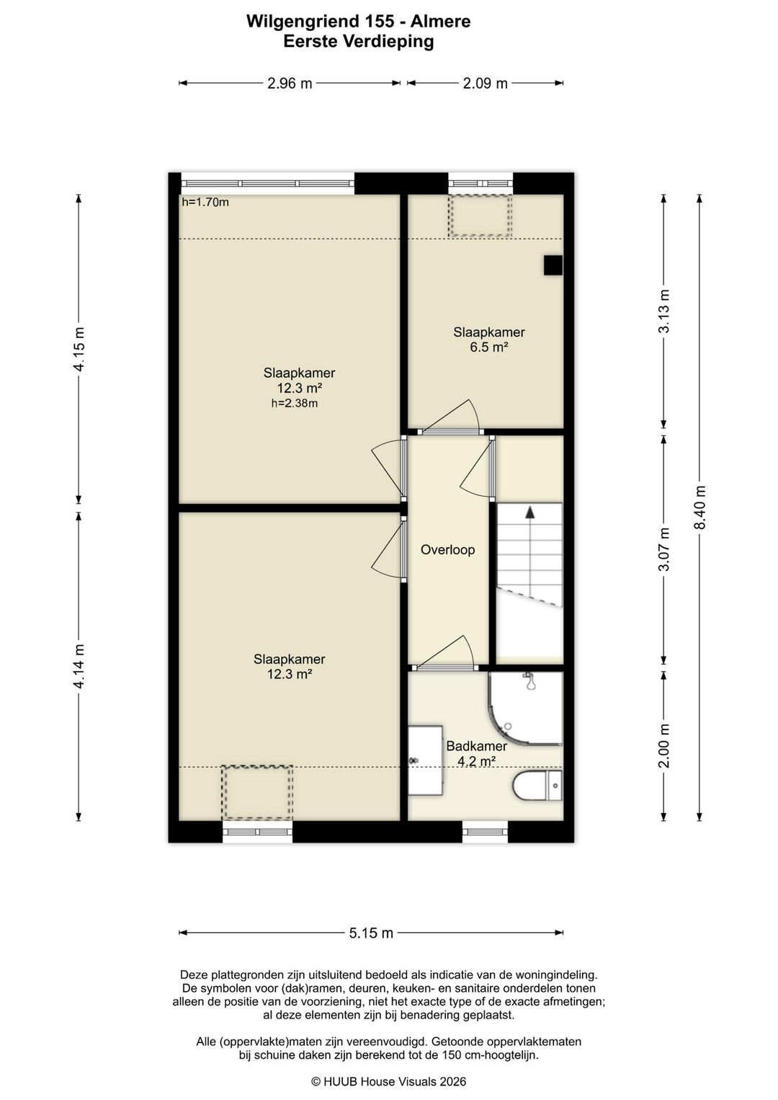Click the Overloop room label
click(x=447, y=549)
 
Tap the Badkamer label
click(x=476, y=746)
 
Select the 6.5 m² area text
click(x=488, y=347)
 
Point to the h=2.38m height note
click(x=295, y=403)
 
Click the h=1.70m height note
click(x=205, y=202)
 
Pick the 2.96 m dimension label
click(x=290, y=84)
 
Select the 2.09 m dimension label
click(x=485, y=84)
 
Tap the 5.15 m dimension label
click(x=371, y=933)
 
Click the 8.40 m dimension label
click(x=699, y=507)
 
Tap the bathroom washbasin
click(x=426, y=760)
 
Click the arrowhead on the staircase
click(x=529, y=513)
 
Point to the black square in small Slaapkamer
click(x=553, y=265)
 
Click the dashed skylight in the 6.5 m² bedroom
click(x=480, y=215)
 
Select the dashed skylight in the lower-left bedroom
click(x=256, y=792)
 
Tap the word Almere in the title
click(x=440, y=21)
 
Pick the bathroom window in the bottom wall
click(x=485, y=831)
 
